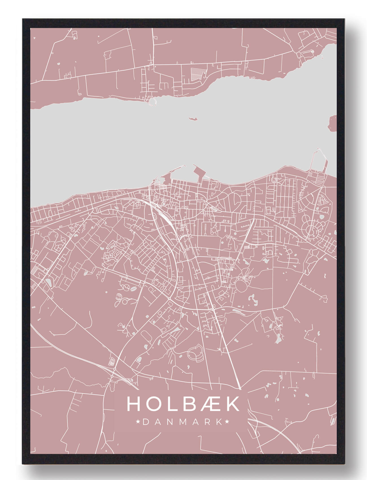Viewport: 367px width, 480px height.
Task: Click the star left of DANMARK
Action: coord(138,422)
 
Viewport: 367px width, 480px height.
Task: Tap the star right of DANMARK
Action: coord(227,422)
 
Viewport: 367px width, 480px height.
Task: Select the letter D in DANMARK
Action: coord(146,422)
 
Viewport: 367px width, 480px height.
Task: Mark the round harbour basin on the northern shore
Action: coord(153,101)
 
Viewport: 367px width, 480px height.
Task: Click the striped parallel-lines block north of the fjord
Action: coord(197,74)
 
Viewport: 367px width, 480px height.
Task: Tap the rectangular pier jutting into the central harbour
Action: coord(199,172)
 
